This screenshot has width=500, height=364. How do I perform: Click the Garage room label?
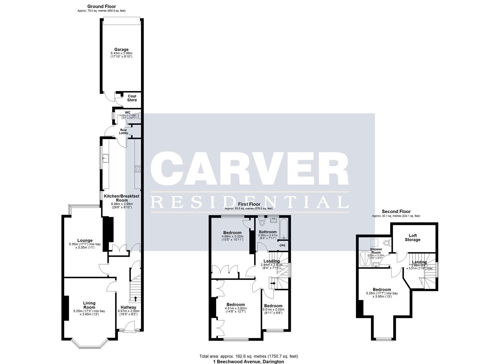point(121,50)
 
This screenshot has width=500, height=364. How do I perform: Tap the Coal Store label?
point(132,98)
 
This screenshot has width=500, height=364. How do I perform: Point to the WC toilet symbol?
point(137,117)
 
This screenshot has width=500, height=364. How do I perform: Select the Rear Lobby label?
point(124,131)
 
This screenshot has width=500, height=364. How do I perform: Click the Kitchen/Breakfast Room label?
point(121,198)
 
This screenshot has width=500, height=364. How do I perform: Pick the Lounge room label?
point(85,241)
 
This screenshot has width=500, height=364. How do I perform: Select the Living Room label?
point(89,305)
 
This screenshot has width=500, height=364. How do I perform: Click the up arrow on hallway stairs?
point(135,299)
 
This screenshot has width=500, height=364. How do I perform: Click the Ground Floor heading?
point(101,6)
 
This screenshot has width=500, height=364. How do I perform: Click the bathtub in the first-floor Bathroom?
point(284,229)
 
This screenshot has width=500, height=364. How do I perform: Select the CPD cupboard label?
point(282,245)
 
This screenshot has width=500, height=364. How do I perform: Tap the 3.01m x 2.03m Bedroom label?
point(273,306)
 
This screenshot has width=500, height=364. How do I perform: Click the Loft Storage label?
point(412,238)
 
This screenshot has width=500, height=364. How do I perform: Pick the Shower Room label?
point(376,251)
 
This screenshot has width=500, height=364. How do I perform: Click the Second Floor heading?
point(396,212)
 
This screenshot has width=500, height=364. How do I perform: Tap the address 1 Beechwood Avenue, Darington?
point(248,362)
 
